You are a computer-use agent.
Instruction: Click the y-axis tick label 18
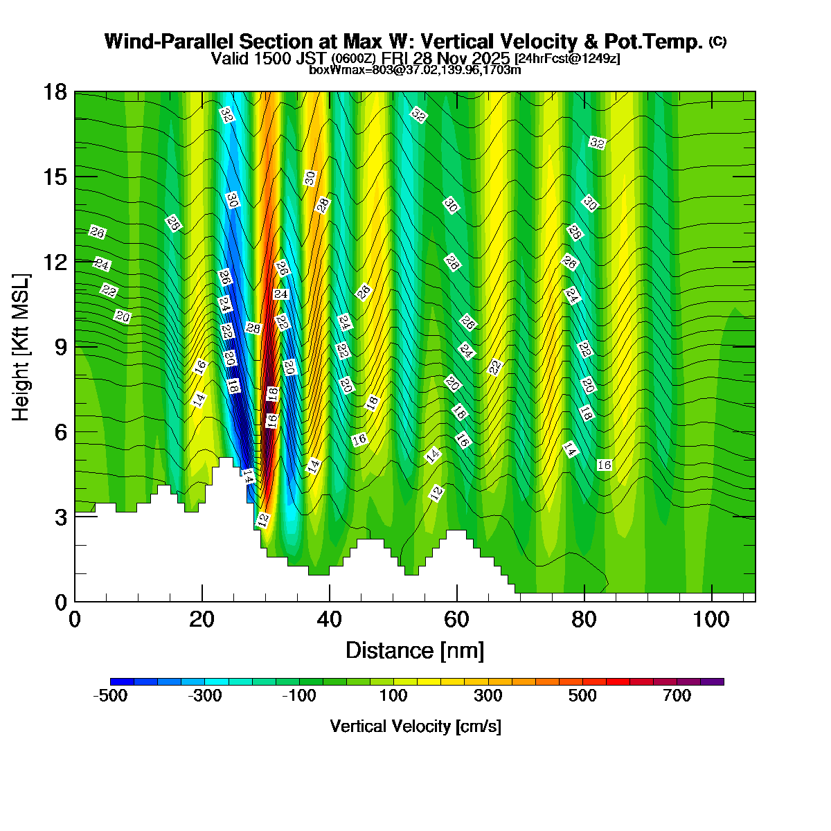55,92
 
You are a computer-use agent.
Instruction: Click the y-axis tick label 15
55,177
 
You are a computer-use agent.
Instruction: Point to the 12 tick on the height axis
55,262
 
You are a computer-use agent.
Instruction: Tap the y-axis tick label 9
61,347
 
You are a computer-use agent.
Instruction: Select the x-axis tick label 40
330,619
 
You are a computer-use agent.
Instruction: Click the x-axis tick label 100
711,619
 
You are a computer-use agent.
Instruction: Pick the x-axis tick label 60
457,619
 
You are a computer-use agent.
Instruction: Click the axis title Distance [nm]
415,651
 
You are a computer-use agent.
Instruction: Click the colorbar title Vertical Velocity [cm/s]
415,726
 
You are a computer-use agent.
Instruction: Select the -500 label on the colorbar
110,696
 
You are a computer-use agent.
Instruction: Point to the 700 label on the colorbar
677,696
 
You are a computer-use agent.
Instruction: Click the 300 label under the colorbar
488,696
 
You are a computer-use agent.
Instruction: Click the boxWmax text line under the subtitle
415,69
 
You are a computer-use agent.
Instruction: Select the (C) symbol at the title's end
717,42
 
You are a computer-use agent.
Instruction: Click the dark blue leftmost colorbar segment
122,681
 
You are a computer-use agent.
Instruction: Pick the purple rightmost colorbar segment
712,681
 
